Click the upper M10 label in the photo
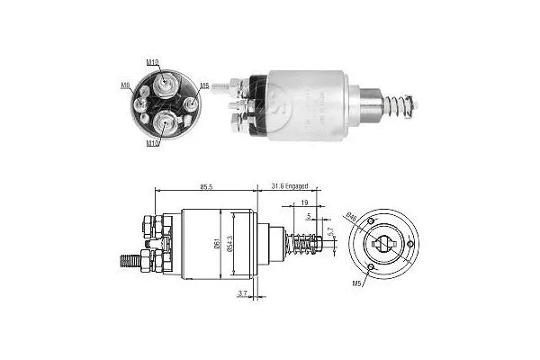click(x=152, y=62)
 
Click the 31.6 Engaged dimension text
click(x=290, y=185)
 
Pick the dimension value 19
click(x=305, y=204)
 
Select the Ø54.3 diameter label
click(x=232, y=244)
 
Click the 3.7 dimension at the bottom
click(x=241, y=293)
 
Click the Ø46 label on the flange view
click(x=350, y=216)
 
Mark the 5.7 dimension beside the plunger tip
click(x=330, y=232)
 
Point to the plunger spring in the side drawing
click(x=304, y=244)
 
